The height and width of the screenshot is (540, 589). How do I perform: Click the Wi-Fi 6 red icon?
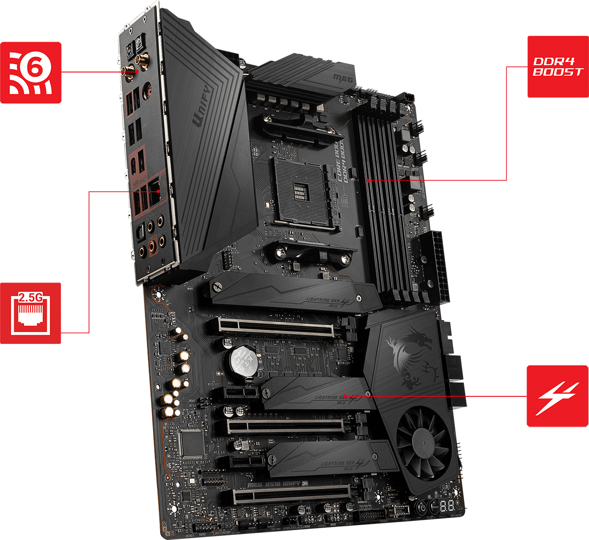[30, 72]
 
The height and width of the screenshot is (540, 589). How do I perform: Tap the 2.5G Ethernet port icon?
[30, 313]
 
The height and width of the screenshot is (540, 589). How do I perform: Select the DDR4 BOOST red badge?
[557, 67]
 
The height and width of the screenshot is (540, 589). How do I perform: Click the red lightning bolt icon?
[557, 396]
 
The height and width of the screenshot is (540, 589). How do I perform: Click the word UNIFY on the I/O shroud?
[201, 106]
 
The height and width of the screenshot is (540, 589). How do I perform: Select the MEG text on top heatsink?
[343, 78]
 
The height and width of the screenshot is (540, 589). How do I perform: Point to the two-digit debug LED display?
[447, 506]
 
